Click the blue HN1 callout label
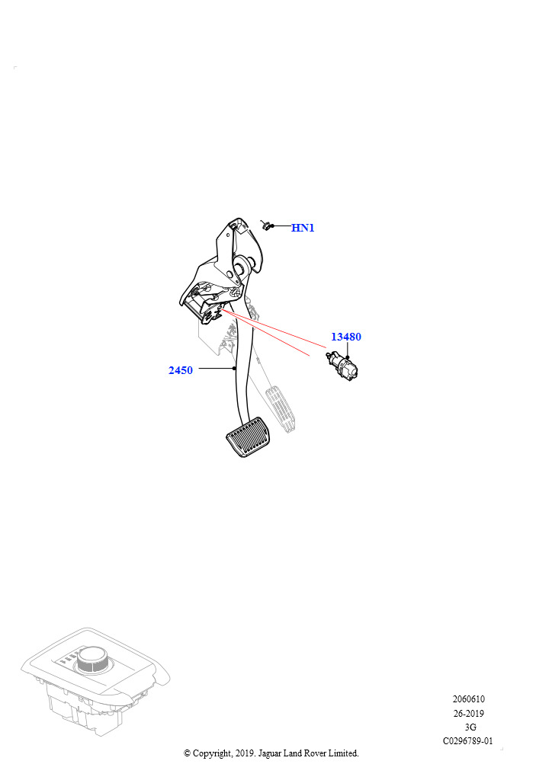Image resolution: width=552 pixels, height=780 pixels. click(x=303, y=228)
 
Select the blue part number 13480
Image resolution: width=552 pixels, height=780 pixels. click(x=346, y=337)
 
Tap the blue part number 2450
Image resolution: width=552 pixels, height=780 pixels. click(x=181, y=370)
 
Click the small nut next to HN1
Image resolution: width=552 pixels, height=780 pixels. click(x=266, y=225)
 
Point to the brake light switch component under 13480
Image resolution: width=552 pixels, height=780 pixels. click(x=342, y=366)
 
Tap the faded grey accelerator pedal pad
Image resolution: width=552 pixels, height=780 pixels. click(x=282, y=409)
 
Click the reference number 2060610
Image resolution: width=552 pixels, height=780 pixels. click(x=468, y=699)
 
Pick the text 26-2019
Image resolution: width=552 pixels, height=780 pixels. click(x=468, y=713)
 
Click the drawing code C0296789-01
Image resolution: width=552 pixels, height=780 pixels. click(x=468, y=740)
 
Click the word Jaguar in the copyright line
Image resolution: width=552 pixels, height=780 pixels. click(x=270, y=753)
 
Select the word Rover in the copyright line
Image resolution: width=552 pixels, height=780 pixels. click(x=315, y=753)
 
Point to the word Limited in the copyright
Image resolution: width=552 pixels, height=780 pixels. click(x=343, y=753)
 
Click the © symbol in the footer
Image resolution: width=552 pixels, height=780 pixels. click(x=187, y=753)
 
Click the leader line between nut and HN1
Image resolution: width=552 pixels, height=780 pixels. click(x=281, y=225)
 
